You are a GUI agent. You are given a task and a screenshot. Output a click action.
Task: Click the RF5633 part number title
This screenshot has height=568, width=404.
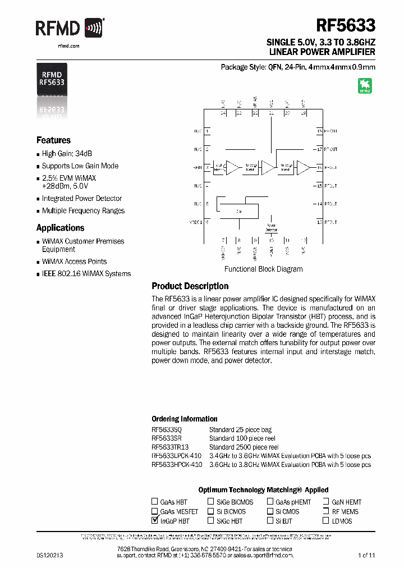[x=346, y=26]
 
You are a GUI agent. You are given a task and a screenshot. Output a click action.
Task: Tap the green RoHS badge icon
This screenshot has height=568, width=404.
[x=365, y=86]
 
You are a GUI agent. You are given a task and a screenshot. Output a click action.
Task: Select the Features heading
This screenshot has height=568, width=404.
[x=53, y=140]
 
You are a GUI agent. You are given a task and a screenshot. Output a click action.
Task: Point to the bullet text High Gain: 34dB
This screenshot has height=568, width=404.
[x=67, y=154]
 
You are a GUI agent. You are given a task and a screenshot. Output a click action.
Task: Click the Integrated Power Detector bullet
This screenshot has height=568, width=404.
[x=82, y=199]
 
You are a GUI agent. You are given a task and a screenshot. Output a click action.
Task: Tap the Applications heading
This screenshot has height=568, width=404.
[x=60, y=228]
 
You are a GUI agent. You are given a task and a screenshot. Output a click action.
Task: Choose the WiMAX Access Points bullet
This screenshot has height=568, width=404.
[x=74, y=262]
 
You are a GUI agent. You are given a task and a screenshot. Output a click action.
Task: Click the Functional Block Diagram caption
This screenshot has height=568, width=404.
[x=264, y=269]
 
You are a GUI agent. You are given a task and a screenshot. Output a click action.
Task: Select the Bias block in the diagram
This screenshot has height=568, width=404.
[x=239, y=211]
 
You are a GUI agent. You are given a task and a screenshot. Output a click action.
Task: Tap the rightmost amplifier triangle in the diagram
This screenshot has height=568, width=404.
[x=303, y=167]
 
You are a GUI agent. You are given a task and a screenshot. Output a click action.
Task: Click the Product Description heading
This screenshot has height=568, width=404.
[x=190, y=286]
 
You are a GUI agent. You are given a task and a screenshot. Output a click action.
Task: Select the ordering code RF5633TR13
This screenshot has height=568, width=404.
[x=171, y=447]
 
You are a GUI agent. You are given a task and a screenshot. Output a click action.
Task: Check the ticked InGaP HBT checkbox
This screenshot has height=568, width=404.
[x=155, y=521]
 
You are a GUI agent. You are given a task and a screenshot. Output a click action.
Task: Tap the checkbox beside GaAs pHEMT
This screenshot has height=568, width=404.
[x=270, y=502]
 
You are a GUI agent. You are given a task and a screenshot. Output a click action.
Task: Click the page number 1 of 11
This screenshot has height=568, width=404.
[x=366, y=555]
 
